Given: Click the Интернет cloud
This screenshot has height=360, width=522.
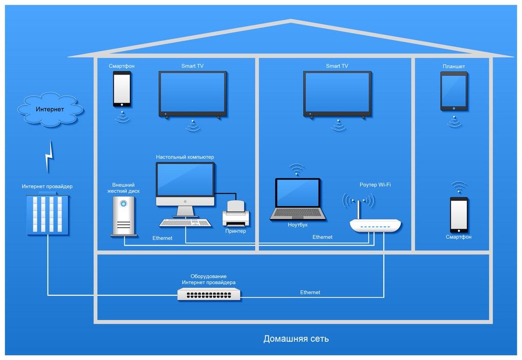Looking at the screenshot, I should tap(50, 110).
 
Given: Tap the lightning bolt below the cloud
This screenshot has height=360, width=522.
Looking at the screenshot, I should tap(49, 156).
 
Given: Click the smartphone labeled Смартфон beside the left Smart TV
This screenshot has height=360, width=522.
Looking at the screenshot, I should tap(122, 89).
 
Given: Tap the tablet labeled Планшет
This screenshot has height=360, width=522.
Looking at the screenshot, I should tap(453, 91).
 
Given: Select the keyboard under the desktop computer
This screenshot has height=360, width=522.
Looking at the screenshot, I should tap(186, 223).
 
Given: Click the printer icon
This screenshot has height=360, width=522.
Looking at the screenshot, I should tap(236, 214).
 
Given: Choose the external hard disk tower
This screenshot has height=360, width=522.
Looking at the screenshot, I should tap(123, 216).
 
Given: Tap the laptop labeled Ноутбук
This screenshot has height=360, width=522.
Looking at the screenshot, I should tap(298, 199).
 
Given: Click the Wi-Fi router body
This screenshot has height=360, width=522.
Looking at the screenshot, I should tap(375, 225).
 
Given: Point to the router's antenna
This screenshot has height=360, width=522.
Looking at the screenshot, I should tap(358, 209).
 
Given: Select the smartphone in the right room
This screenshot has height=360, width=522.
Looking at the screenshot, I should tap(458, 214).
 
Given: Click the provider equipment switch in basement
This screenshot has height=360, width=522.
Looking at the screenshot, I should tap(209, 294).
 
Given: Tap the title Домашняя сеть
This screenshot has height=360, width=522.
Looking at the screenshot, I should tap(296, 339).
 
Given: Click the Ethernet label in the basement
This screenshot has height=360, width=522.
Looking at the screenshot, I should tap(310, 292).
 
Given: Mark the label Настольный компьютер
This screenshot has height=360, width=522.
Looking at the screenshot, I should tap(185, 157).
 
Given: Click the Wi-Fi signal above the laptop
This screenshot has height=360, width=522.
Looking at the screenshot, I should tap(297, 169).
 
